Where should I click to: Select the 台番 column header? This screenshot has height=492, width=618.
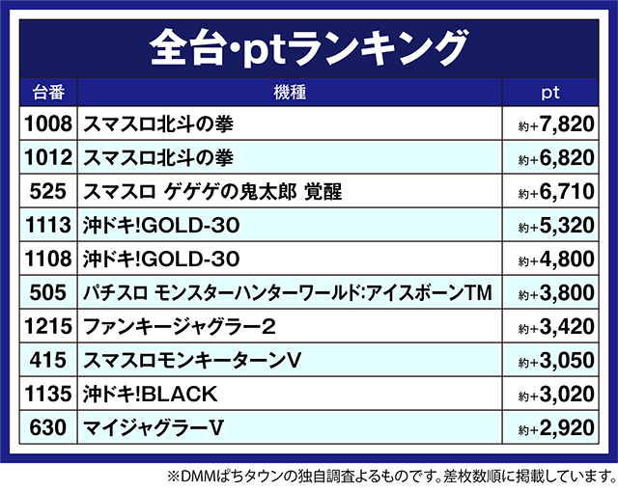(x=47, y=94)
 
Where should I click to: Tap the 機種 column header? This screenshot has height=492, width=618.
(x=290, y=94)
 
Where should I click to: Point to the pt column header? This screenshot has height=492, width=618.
(x=549, y=94)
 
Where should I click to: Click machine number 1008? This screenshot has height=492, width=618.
(x=47, y=124)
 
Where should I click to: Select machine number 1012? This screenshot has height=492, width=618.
(x=47, y=158)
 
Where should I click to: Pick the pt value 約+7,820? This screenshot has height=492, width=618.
(x=551, y=125)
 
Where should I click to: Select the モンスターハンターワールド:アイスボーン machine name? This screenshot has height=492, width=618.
(x=289, y=293)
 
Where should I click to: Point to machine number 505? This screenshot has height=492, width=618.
(x=47, y=293)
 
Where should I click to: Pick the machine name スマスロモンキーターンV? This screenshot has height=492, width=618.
(x=193, y=361)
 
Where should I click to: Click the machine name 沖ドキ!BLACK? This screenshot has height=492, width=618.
(x=151, y=395)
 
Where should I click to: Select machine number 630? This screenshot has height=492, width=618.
(x=47, y=428)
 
